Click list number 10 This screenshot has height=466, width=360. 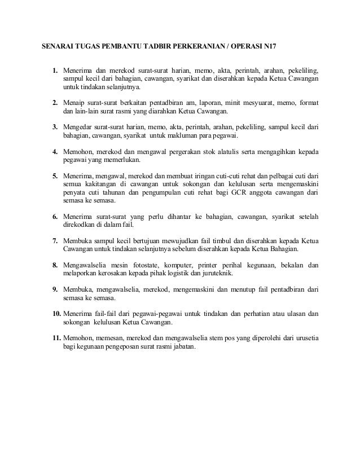(55, 313)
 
